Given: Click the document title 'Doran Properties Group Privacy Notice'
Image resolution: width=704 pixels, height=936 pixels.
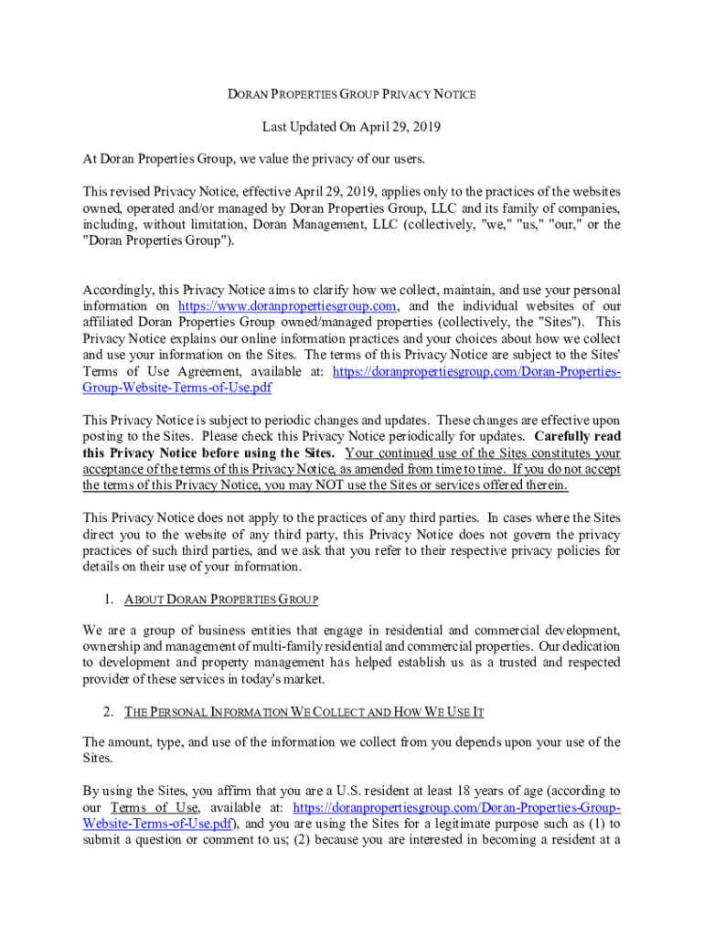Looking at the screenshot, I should click(x=351, y=94).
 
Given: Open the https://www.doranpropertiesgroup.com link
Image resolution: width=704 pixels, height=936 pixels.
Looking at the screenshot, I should click(x=287, y=305).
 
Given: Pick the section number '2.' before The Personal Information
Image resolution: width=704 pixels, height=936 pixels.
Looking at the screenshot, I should click(x=109, y=710).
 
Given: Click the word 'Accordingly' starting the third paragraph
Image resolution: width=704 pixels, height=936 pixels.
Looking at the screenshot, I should click(x=114, y=289).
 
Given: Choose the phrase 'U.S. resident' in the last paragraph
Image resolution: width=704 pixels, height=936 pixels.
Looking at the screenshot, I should click(x=370, y=791).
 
